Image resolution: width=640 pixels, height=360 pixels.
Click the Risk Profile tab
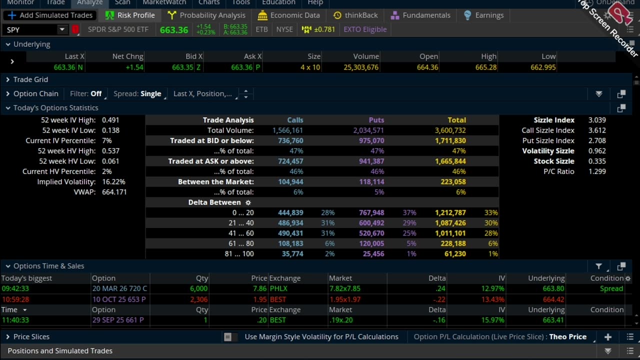130,15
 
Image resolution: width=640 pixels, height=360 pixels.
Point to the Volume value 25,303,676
361,67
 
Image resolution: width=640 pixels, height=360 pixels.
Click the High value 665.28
485,67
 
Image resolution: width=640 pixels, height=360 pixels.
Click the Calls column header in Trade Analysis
295,120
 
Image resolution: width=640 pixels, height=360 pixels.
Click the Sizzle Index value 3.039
597,120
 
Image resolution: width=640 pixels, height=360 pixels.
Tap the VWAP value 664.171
114,192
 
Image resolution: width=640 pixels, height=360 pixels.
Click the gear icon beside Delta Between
248,202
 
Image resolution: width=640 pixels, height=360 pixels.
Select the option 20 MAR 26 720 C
119,288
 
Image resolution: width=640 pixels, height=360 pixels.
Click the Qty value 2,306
198,299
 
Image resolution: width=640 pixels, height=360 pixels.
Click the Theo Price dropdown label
567,337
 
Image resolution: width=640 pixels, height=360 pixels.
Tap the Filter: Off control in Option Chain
86,93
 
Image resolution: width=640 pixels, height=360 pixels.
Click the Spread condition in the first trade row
611,288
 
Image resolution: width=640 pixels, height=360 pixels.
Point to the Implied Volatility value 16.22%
113,182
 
